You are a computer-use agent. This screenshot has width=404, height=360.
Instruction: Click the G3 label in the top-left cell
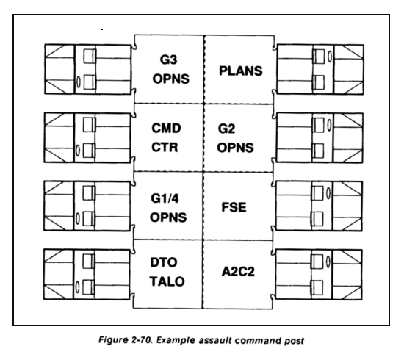pyautogui.click(x=168, y=60)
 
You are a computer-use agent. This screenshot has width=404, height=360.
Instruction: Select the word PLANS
pyautogui.click(x=241, y=71)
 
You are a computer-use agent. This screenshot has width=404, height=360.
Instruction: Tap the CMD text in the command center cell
pyautogui.click(x=166, y=128)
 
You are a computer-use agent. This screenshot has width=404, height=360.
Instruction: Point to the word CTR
pyautogui.click(x=165, y=147)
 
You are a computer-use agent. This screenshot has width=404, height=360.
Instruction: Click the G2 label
pyautogui.click(x=226, y=129)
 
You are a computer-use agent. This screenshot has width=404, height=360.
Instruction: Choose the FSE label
pyautogui.click(x=234, y=207)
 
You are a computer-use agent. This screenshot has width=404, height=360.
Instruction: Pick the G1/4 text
pyautogui.click(x=165, y=198)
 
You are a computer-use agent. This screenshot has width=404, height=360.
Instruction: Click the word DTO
pyautogui.click(x=164, y=262)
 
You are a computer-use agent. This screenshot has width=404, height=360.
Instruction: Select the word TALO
pyautogui.click(x=167, y=281)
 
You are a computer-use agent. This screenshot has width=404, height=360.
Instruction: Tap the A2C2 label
pyautogui.click(x=238, y=272)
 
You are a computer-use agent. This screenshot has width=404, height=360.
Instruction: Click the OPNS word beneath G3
pyautogui.click(x=171, y=79)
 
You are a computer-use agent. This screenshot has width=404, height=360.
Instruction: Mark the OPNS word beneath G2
pyautogui.click(x=235, y=148)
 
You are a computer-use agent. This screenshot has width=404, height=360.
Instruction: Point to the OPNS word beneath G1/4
pyautogui.click(x=168, y=217)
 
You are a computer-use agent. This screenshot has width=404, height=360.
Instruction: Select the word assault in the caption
pyautogui.click(x=215, y=340)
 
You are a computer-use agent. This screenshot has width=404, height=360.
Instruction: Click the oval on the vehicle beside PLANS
pyautogui.click(x=330, y=57)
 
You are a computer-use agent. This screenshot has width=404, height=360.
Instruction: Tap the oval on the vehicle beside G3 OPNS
pyautogui.click(x=78, y=82)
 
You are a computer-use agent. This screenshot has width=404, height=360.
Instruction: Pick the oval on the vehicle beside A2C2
pyautogui.click(x=328, y=262)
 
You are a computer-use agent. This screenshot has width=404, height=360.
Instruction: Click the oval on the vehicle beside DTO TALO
pyautogui.click(x=77, y=287)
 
